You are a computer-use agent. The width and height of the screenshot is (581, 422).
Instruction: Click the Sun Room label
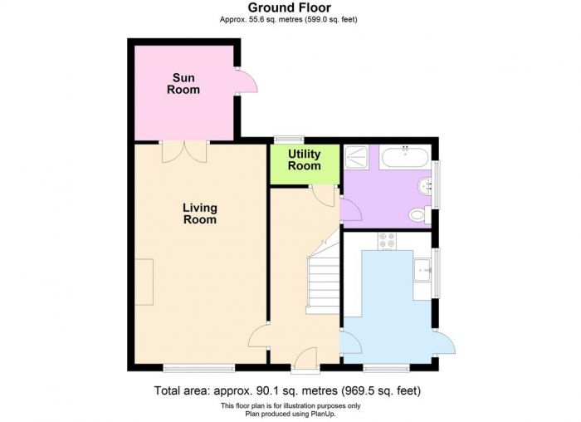pos(183,83)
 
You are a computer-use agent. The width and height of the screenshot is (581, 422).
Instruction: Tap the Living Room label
pos(200,213)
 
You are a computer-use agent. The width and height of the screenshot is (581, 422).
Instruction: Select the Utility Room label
pos(305,159)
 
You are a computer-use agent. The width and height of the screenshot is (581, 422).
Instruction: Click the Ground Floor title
pos(290,7)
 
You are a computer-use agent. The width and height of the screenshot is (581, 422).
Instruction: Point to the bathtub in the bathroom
pos(405,157)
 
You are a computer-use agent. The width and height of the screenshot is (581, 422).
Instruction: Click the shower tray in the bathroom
pos(356,157)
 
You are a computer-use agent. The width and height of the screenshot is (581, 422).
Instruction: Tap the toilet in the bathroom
pos(420,214)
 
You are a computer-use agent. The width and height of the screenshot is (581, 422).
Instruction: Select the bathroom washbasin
pos(425,187)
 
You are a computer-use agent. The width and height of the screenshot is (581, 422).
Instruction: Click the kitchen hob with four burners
pos(387,241)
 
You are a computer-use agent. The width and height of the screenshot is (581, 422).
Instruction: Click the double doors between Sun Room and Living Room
pos(184,152)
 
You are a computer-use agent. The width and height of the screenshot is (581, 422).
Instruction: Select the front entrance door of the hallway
pos(305,358)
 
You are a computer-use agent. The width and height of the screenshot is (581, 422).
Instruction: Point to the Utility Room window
pos(289,140)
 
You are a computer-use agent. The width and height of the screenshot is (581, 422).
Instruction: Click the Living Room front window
pos(199,367)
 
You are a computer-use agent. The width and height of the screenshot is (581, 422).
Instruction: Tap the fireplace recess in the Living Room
pos(144,282)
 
